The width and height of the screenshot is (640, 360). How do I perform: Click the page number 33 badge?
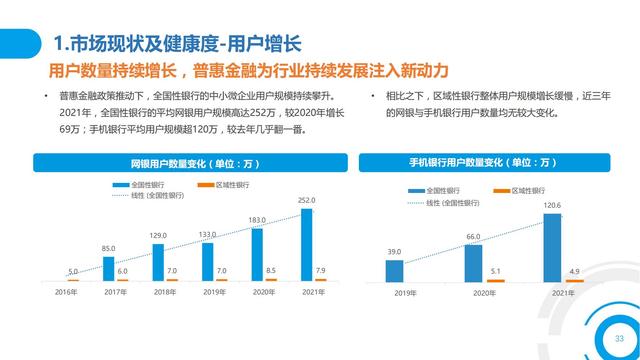tap(604, 336)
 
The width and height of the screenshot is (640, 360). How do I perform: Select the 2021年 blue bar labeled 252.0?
tap(307, 245)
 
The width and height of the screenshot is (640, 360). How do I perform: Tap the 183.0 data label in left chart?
tap(257, 220)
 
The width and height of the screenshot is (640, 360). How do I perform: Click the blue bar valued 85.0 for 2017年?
tap(109, 267)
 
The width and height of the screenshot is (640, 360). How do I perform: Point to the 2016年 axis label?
tap(65, 292)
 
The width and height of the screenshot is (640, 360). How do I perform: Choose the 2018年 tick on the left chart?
tap(164, 292)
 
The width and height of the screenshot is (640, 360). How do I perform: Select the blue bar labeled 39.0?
tap(395, 270)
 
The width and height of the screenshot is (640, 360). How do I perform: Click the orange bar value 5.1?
tap(495, 270)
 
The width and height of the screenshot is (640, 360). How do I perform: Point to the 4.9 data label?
tap(574, 270)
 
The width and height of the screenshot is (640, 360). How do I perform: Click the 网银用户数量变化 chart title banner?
tap(189, 162)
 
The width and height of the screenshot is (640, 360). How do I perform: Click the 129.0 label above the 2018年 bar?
tap(158, 235)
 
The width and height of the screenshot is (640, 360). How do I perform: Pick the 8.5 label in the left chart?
tap(271, 270)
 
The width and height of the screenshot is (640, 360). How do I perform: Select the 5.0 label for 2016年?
tap(72, 271)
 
